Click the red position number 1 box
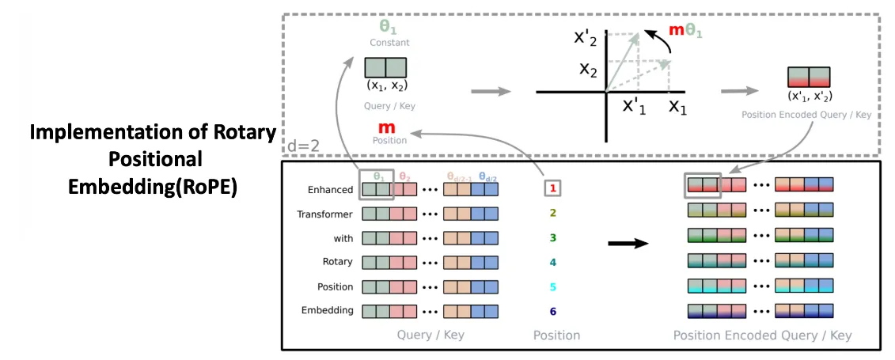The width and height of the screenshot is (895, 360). click(554, 188)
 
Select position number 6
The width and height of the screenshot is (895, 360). click(554, 310)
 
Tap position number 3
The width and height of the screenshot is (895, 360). click(554, 237)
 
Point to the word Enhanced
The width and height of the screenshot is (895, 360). click(331, 190)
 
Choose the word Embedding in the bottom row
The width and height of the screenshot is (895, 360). click(327, 310)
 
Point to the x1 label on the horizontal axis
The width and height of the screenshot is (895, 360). click(677, 106)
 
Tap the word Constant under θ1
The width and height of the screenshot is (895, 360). click(389, 43)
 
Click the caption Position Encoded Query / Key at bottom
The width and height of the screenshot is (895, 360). click(762, 335)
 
